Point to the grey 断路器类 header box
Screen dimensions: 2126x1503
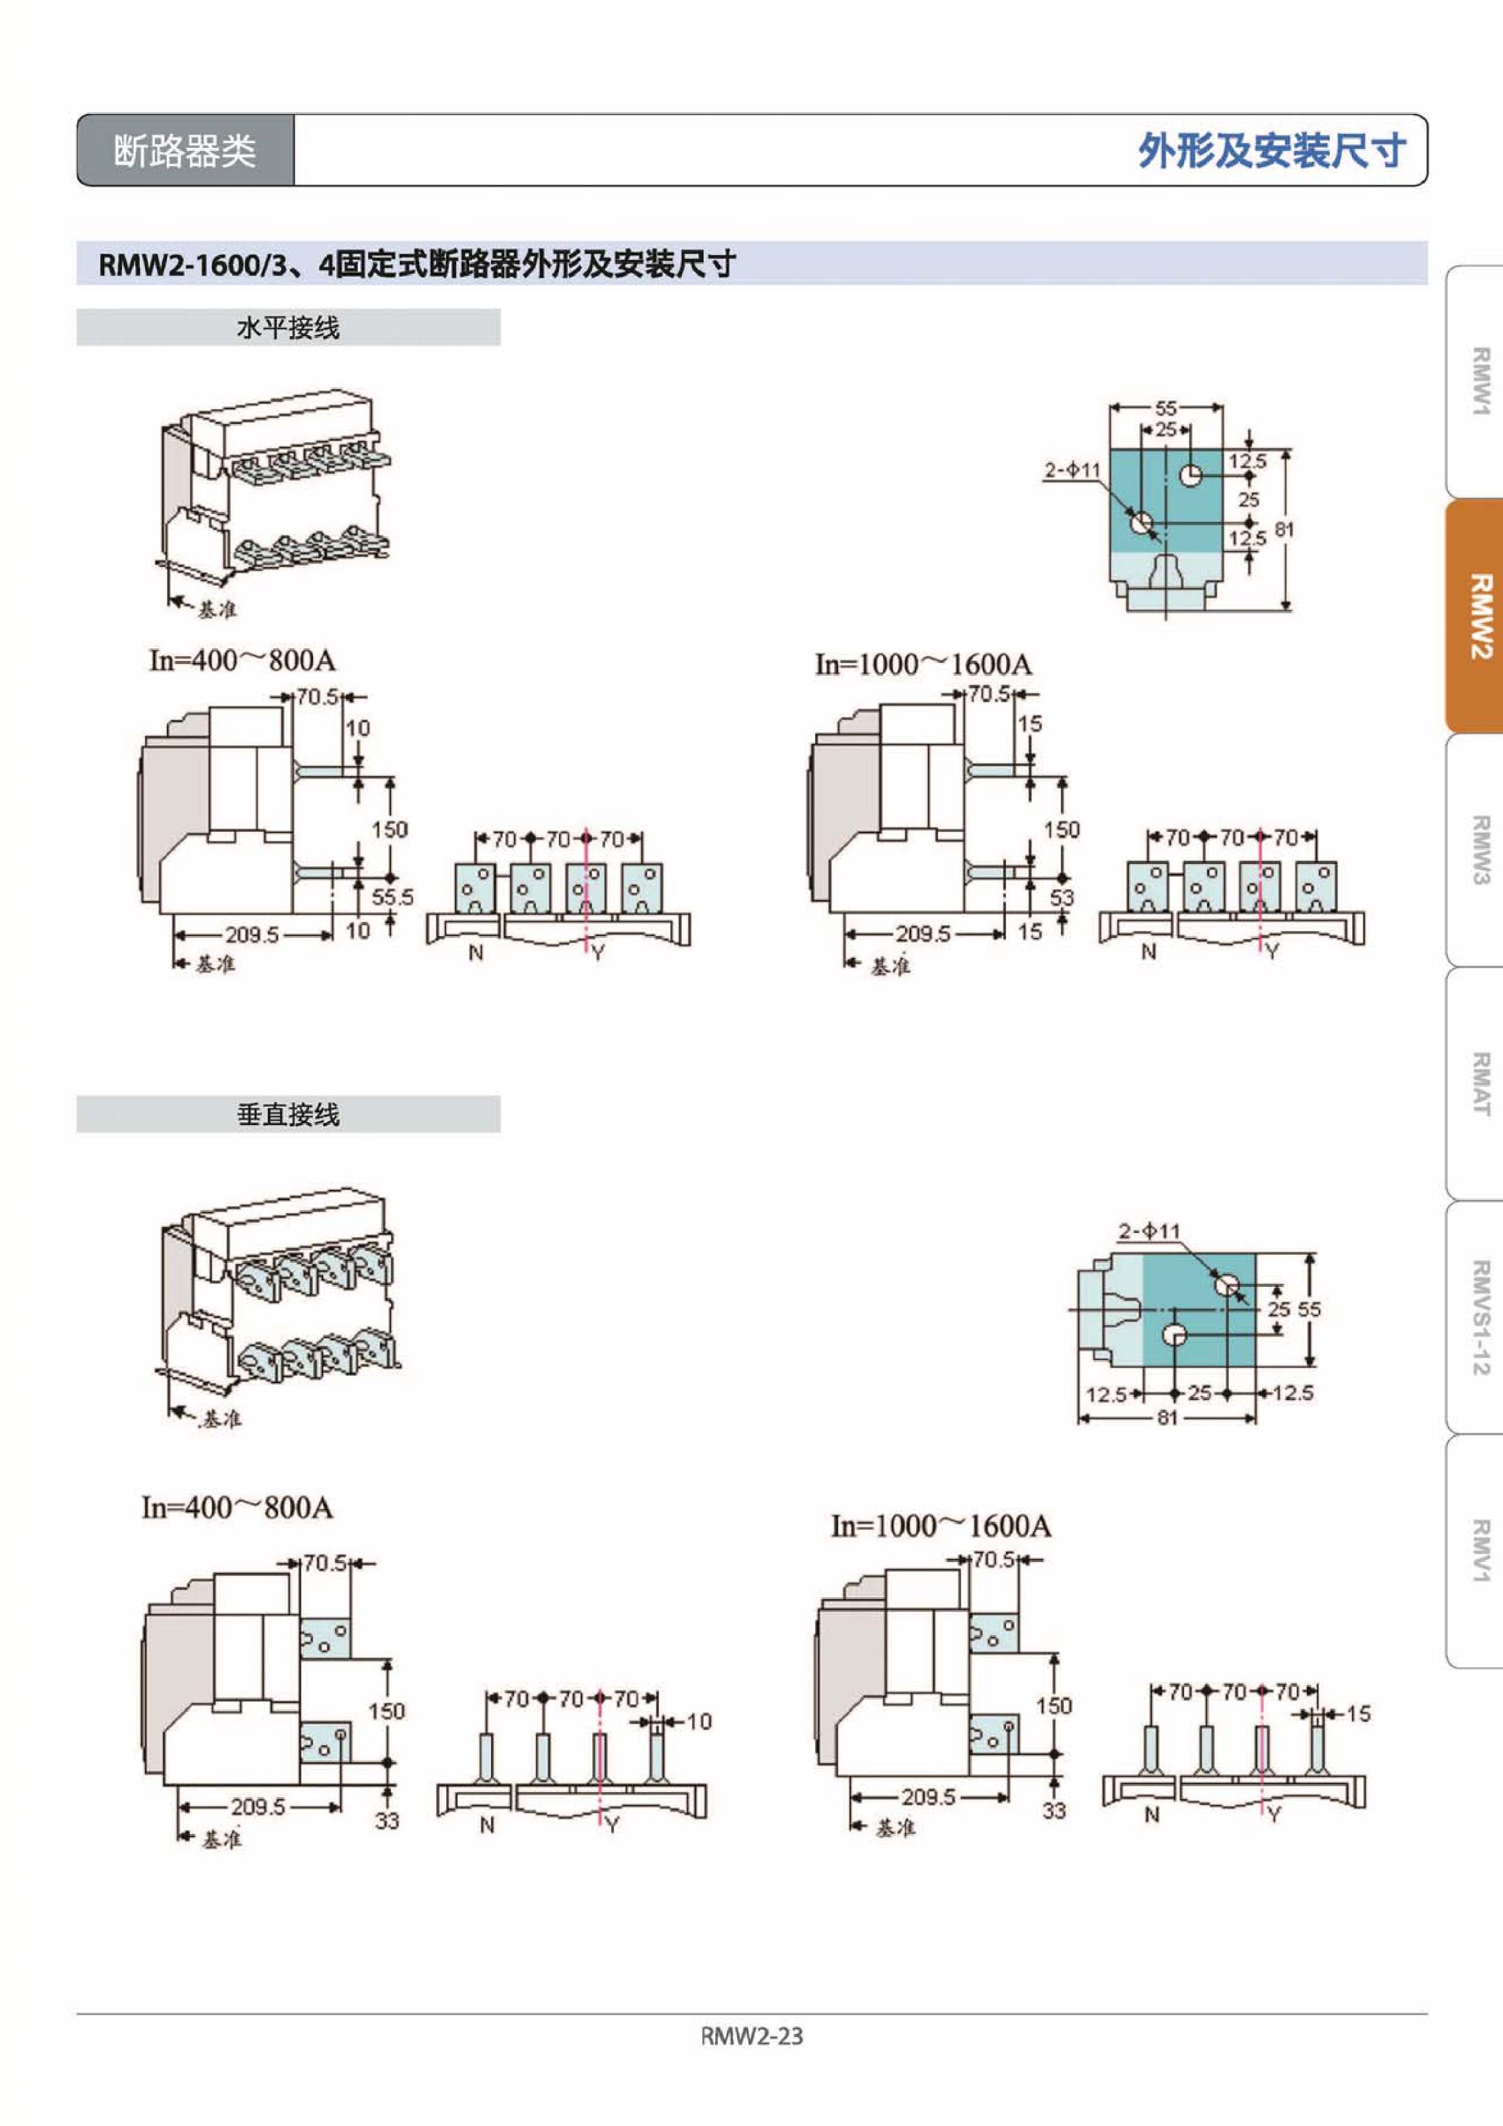tap(185, 151)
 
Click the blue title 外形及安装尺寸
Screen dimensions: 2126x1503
tap(1272, 151)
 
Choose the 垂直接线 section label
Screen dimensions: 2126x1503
tap(288, 1115)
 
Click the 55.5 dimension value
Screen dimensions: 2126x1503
tap(393, 897)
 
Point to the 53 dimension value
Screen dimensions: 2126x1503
tap(1061, 897)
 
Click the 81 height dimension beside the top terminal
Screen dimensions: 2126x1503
tap(1284, 530)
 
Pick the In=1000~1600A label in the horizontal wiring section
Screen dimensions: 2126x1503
tap(923, 665)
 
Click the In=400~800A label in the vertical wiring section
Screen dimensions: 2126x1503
tap(237, 1507)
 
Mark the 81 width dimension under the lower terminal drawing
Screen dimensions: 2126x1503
tap(1166, 1418)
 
